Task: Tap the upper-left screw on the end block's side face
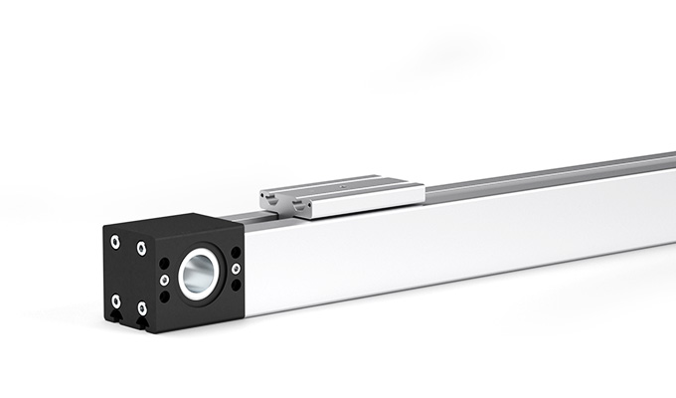116,241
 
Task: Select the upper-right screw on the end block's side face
142,248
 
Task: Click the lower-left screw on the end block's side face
116,300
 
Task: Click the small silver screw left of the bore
164,280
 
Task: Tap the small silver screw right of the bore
236,268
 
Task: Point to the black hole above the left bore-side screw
164,264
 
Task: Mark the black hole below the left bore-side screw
164,297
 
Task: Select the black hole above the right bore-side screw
236,252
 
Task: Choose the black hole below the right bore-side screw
236,285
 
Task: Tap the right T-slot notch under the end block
144,325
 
